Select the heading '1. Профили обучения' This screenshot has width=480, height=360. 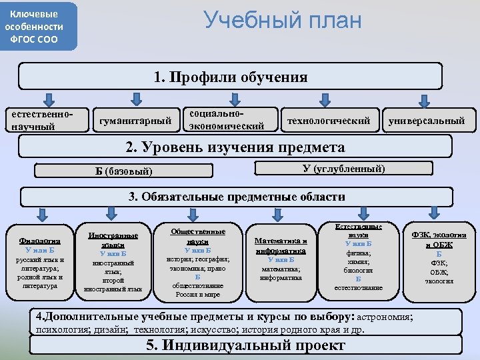coord(230,77)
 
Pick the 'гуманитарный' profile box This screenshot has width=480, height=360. coord(135,121)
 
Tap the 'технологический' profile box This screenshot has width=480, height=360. coord(328,121)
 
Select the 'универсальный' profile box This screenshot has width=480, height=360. coord(427,121)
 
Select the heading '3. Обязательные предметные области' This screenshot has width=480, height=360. coord(237,197)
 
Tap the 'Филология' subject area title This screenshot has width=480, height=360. coord(40,241)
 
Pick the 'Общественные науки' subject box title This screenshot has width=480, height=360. coord(198,236)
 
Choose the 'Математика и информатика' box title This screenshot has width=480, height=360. coord(281,246)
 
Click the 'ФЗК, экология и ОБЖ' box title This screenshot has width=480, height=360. coord(439,240)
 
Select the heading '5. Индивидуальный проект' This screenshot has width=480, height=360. coord(245,345)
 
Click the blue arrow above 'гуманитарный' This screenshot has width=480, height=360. coord(135,99)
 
